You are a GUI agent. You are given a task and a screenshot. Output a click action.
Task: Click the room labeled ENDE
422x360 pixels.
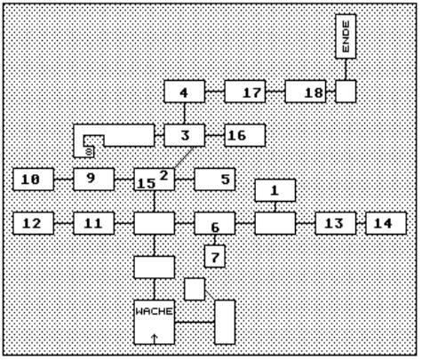coord(346,36)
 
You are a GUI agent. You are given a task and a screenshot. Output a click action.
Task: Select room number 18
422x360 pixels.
coord(306,92)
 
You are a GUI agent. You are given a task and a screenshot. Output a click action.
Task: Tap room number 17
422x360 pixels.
coord(245,92)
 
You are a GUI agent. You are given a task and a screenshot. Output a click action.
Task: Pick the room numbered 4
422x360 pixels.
coord(185,92)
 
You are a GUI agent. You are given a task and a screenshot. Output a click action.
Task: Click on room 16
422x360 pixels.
coord(245,135)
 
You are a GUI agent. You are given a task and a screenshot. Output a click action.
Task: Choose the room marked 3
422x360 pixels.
coord(185,135)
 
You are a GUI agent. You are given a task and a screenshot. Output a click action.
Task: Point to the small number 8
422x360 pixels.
coord(89,152)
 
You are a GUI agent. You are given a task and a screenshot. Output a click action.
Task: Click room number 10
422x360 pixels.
coord(34,180)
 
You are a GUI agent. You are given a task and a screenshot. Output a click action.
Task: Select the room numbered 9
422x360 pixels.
coord(94,180)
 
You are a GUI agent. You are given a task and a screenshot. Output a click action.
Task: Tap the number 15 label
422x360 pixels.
coord(147,184)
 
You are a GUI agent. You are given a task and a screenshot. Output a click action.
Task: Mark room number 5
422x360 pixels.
coord(215,180)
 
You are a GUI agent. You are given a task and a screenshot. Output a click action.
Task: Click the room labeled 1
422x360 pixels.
coord(275,190)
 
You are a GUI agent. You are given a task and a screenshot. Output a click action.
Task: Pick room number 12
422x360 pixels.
coord(34,223)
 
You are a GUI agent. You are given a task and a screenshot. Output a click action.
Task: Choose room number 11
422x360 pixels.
coord(94,223)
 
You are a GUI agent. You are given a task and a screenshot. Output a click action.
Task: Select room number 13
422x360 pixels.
coord(336,223)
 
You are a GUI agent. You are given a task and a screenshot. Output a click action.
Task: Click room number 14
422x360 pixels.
coord(386,223)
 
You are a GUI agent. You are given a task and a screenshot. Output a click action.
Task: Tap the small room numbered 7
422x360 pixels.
coord(215,256)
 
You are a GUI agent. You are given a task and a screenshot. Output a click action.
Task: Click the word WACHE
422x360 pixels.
coord(154,311)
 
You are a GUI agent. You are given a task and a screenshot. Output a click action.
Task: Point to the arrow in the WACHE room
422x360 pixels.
coord(154,339)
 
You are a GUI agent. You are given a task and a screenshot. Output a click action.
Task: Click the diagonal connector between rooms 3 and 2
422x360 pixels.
coord(184,157)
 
